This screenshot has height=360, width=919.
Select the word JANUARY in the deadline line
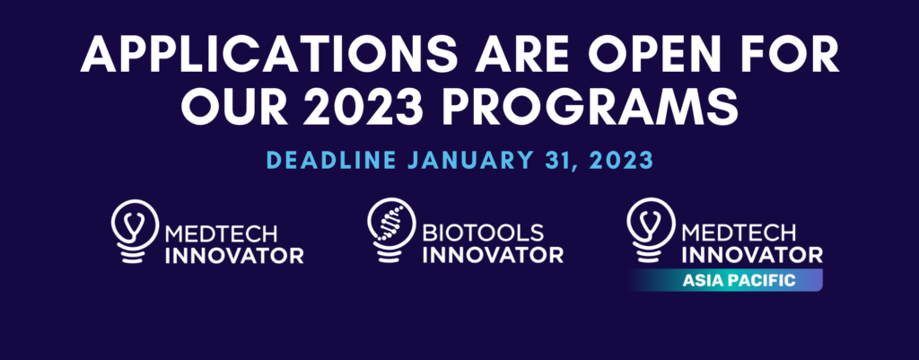coord(472,164)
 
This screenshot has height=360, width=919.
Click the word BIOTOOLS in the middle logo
coord(482,233)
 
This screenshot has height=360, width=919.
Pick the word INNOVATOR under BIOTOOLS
coord(492,254)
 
